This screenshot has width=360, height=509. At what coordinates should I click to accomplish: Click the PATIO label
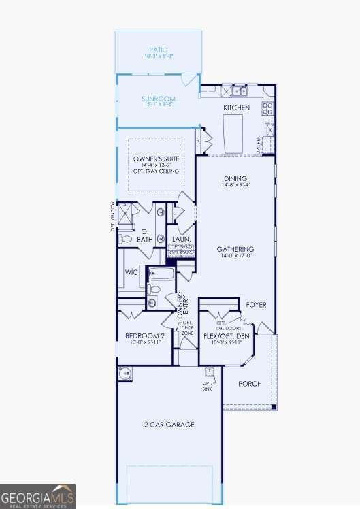click(x=158, y=50)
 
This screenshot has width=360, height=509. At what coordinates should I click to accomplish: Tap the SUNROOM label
click(x=159, y=99)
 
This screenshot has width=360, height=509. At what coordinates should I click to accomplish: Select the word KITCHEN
click(x=236, y=108)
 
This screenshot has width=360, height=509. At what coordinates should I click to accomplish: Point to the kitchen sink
click(x=238, y=91)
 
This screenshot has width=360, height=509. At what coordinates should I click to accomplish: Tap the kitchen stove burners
click(x=269, y=106)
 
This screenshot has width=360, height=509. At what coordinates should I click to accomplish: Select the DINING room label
click(x=231, y=179)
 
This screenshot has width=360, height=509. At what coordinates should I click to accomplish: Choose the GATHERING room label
click(x=235, y=249)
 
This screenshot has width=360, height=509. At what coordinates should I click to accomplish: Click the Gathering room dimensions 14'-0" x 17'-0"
click(x=235, y=256)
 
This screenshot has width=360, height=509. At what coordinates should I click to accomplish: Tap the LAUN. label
click(x=180, y=240)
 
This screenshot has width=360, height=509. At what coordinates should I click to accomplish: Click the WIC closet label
click(x=131, y=272)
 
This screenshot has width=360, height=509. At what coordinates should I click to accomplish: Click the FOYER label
click(x=256, y=305)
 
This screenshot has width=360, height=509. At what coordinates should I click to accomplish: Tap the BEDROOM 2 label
click(x=144, y=336)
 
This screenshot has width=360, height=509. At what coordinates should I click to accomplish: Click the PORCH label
click(x=250, y=384)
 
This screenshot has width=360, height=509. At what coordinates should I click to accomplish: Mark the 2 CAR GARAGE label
click(x=169, y=425)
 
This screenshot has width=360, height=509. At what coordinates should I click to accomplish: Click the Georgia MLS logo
click(x=37, y=495)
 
